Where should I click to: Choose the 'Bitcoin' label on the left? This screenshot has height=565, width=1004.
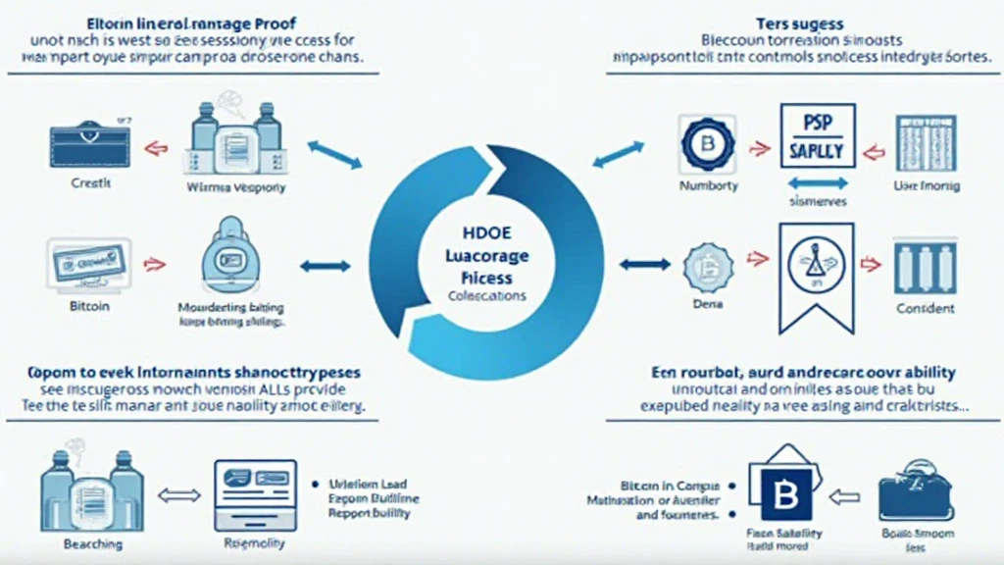pyautogui.click(x=89, y=306)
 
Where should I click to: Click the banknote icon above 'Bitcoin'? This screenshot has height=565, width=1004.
pyautogui.click(x=88, y=263)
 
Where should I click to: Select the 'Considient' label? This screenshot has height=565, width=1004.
pyautogui.click(x=925, y=308)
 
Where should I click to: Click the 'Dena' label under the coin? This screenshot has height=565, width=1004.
pyautogui.click(x=707, y=306)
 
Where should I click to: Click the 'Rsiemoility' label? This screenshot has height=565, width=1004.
pyautogui.click(x=256, y=542)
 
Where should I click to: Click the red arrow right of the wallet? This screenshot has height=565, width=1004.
pyautogui.click(x=152, y=148)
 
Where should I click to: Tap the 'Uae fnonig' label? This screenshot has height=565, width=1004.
pyautogui.click(x=927, y=185)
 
